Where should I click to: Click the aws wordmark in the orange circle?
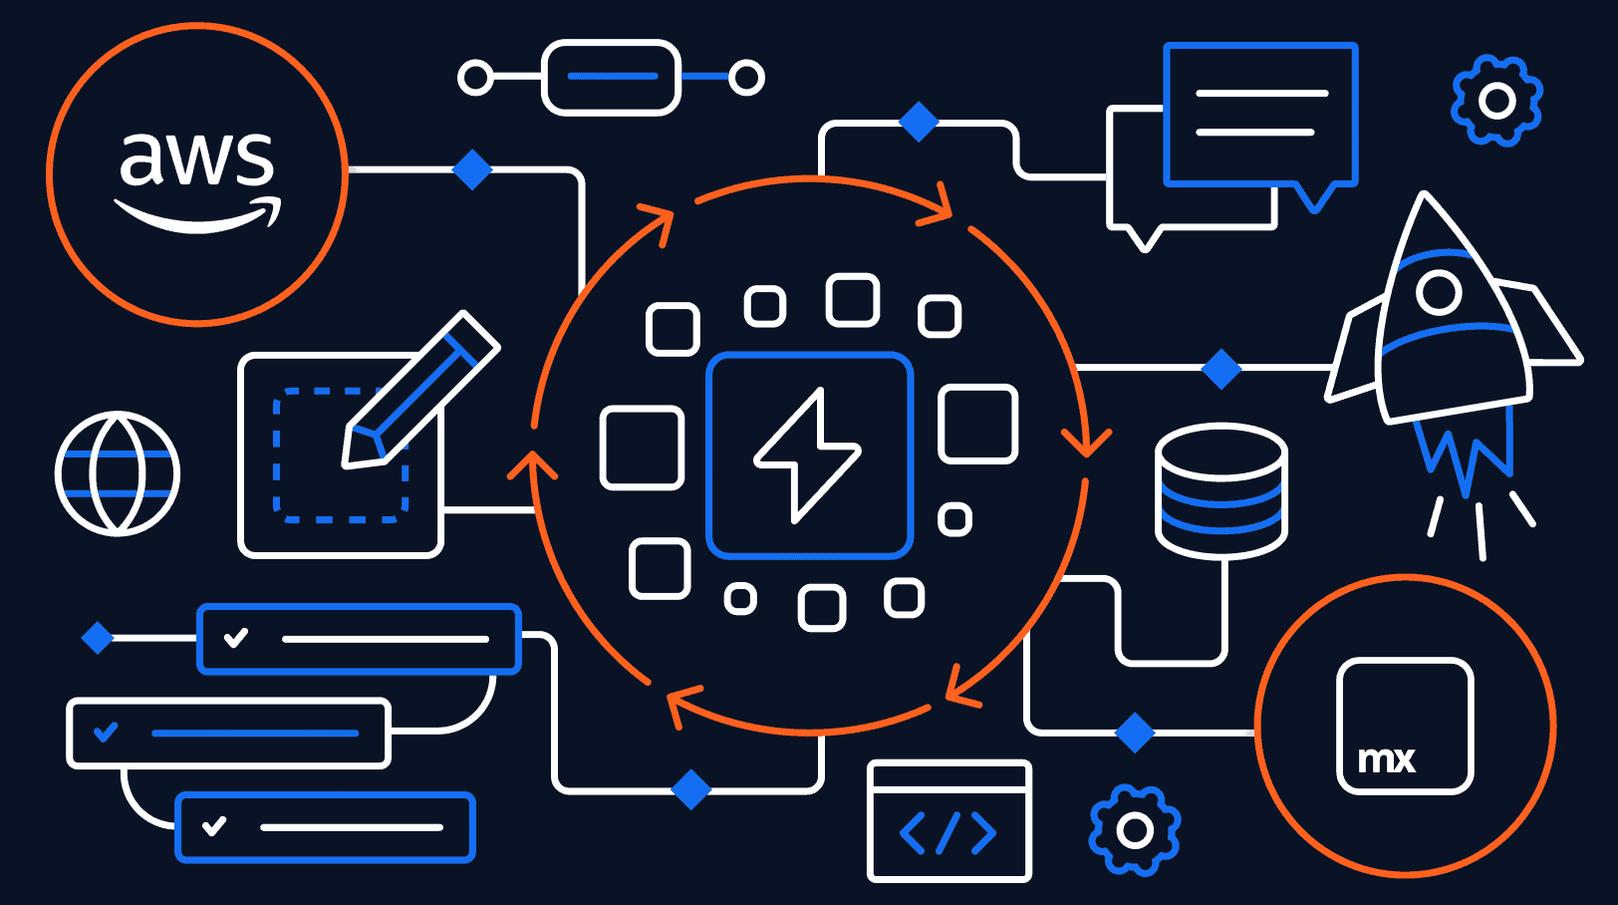click(x=196, y=158)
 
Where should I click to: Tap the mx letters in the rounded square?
click(x=1386, y=760)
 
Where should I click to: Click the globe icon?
click(x=118, y=473)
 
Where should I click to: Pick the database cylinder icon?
click(x=1220, y=489)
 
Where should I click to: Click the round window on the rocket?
click(x=1439, y=292)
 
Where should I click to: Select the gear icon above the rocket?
click(x=1496, y=101)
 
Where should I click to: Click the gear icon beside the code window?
click(x=1135, y=829)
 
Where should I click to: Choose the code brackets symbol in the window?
click(x=947, y=833)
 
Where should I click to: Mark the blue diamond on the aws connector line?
click(x=472, y=169)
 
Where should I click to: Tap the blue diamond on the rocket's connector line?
click(x=1221, y=369)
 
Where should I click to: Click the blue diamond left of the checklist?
click(x=98, y=637)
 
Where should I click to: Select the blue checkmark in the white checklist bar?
click(x=106, y=733)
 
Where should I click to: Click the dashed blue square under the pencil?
click(x=340, y=455)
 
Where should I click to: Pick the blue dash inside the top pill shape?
click(x=612, y=77)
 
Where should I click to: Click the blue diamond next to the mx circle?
click(x=1135, y=733)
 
